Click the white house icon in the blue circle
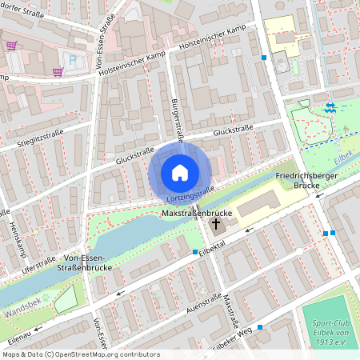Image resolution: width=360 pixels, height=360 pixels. click(x=180, y=172)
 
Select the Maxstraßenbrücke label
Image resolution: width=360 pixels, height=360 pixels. click(x=197, y=214)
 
